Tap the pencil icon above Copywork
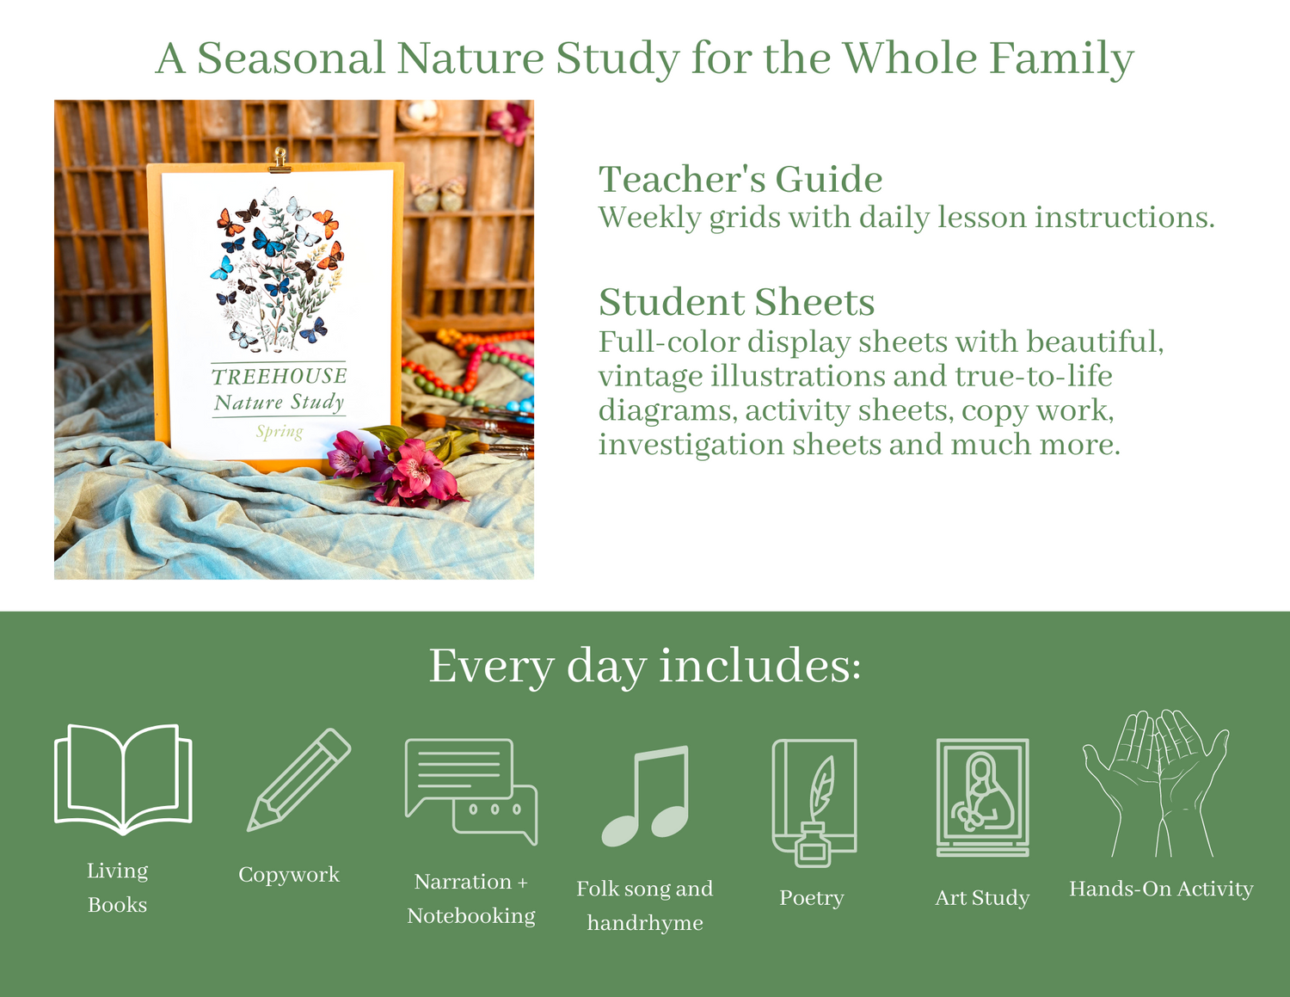(298, 779)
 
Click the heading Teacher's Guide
(740, 179)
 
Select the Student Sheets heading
(736, 302)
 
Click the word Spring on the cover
(279, 432)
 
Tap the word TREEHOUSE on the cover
(279, 377)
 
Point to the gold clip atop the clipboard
(279, 161)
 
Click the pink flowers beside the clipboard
(396, 466)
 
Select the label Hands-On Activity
(1161, 889)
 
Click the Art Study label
(982, 898)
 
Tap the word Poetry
(812, 898)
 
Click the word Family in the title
(1061, 58)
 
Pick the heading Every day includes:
(645, 667)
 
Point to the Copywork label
(289, 875)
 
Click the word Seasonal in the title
(291, 58)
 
